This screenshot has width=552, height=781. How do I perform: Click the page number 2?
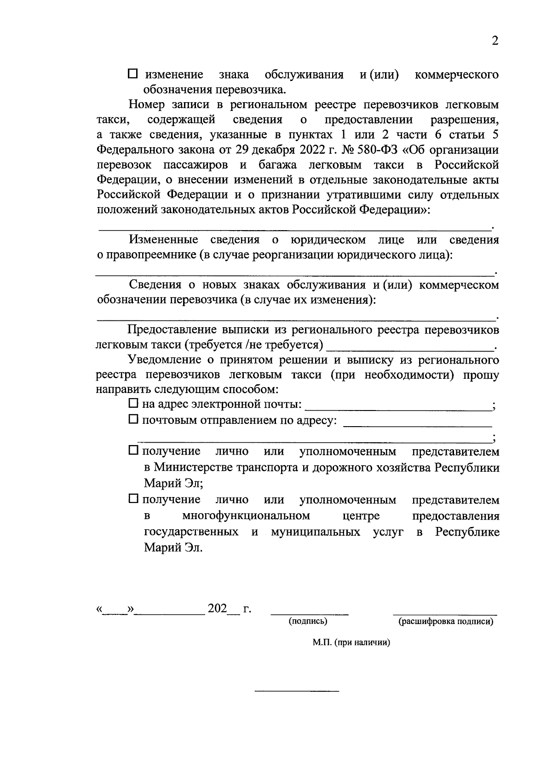(x=495, y=41)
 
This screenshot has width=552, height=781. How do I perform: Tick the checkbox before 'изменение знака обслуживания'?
(x=133, y=74)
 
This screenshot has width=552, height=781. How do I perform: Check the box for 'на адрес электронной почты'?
(x=133, y=404)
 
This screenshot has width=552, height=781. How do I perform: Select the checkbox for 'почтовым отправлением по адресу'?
(x=133, y=419)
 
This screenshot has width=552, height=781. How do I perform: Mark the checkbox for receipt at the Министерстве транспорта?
(x=133, y=451)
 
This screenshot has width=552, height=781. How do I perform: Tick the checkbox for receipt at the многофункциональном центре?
(x=133, y=498)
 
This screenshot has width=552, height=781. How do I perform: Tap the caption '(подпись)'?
(x=308, y=621)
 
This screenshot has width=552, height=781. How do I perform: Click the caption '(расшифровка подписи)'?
(x=445, y=622)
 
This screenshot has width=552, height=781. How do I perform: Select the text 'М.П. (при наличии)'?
(x=351, y=643)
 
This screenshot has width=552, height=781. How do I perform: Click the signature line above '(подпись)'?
(x=310, y=613)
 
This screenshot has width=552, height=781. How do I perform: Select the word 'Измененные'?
(x=164, y=240)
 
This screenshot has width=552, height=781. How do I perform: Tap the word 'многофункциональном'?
(x=246, y=515)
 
